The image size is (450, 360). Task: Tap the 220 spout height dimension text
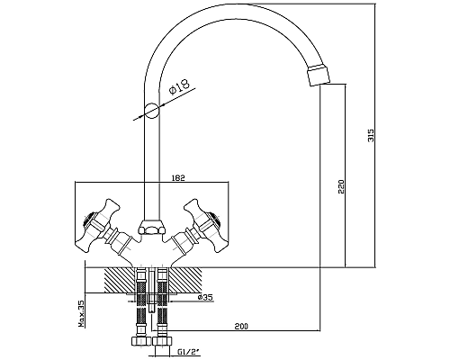click(341, 186)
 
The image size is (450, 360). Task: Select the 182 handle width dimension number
click(178, 177)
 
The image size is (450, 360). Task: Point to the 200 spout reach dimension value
click(241, 326)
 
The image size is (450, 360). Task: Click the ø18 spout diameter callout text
click(179, 85)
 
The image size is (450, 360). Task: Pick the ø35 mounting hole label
click(205, 297)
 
